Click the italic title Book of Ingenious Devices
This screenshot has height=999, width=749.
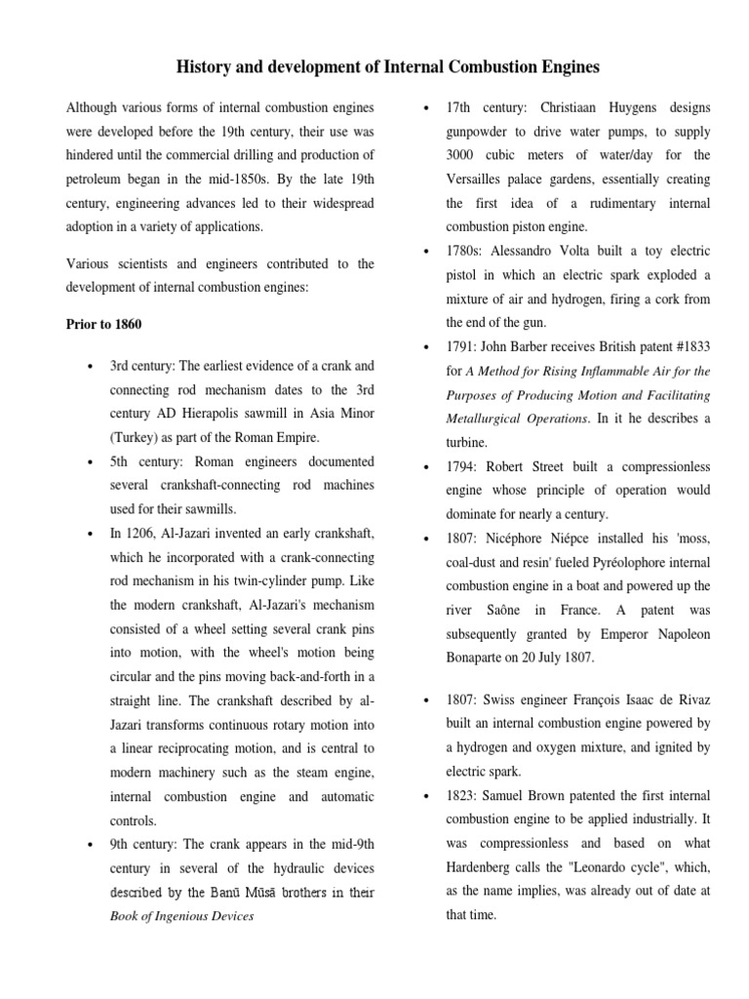tap(182, 916)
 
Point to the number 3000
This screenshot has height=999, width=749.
tap(464, 154)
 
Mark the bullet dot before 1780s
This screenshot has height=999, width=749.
tap(425, 252)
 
